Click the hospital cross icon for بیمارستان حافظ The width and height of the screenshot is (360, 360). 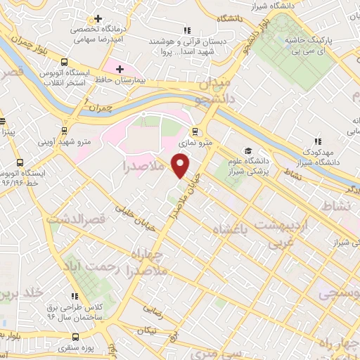pos(120,70)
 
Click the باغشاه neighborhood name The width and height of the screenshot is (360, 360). pos(235,231)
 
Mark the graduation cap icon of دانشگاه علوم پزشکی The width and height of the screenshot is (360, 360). pos(247,150)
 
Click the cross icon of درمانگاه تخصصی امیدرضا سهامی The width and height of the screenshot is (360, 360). pos(98,18)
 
